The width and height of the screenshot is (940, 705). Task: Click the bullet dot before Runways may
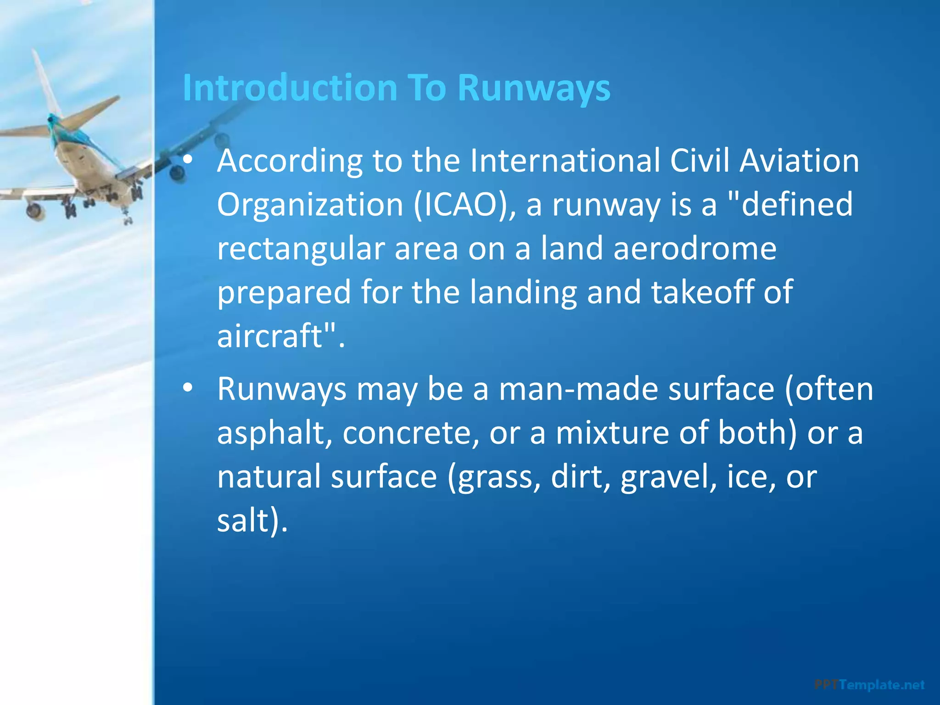pos(187,388)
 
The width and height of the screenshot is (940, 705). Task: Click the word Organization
pos(310,205)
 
